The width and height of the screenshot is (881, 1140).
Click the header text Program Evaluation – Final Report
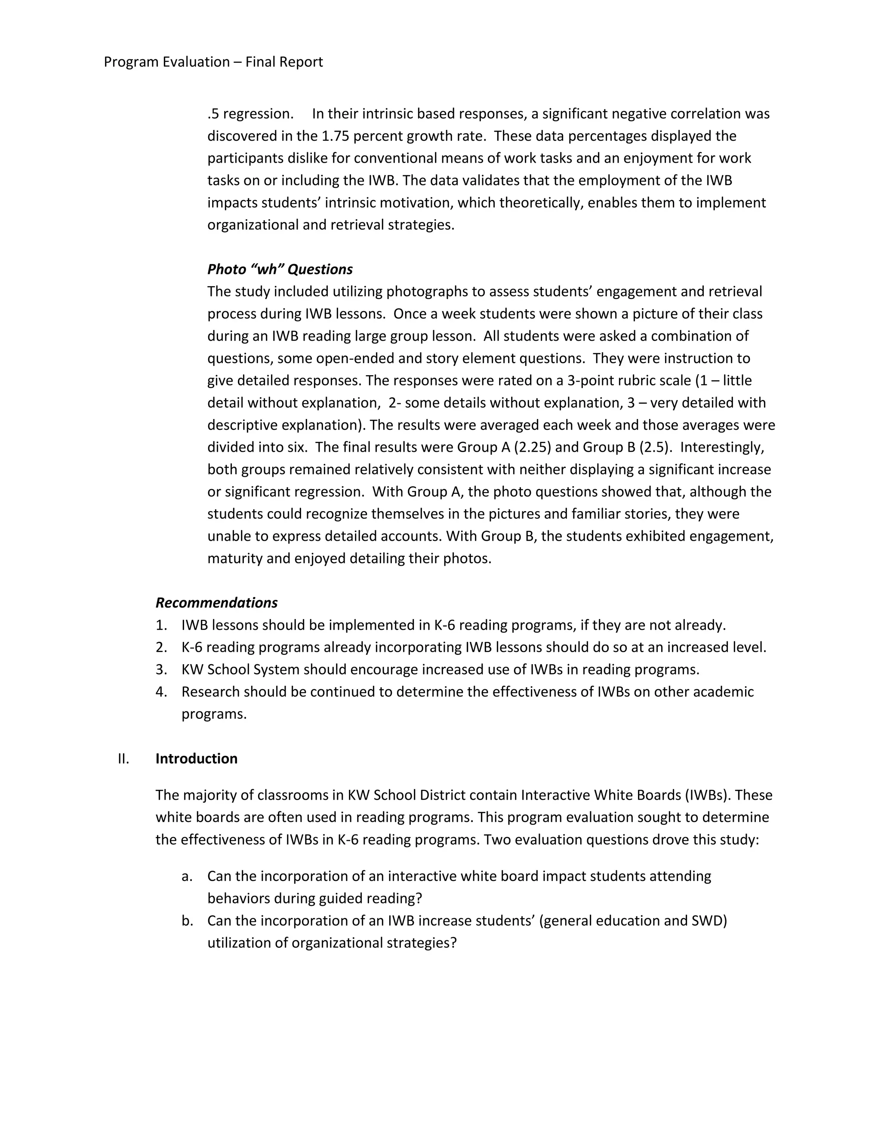(213, 62)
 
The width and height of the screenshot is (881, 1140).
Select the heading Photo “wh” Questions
(280, 269)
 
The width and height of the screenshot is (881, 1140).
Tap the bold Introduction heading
(196, 759)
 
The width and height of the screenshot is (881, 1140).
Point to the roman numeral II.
(123, 759)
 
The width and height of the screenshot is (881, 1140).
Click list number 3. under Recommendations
(161, 670)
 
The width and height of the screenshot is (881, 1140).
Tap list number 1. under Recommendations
(161, 625)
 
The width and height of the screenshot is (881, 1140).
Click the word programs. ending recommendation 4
(214, 714)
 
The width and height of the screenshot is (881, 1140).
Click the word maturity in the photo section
(235, 558)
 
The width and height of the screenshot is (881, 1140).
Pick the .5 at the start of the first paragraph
(213, 114)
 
